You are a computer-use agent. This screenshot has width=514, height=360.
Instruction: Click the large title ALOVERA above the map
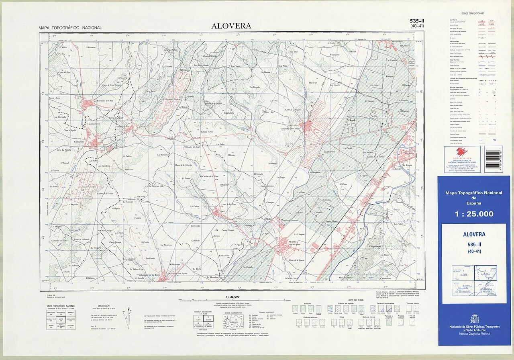tap(231, 26)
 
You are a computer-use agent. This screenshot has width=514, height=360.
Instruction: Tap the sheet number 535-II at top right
tap(417, 21)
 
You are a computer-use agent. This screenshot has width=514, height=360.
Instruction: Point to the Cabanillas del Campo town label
tap(291, 129)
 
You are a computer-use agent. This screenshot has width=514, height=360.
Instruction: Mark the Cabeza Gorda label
tap(207, 131)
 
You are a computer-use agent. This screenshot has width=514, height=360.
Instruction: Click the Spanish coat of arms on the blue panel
tap(474, 319)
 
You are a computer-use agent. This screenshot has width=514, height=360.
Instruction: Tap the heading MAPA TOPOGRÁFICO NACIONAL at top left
tap(70, 28)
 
